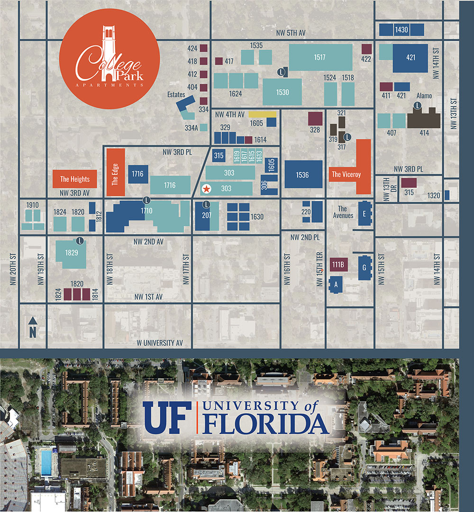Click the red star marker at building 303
pyautogui.click(x=207, y=188)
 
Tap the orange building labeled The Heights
pyautogui.click(x=75, y=179)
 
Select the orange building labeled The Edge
pyautogui.click(x=116, y=173)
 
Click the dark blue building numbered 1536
pyautogui.click(x=303, y=174)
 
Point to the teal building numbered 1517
pyautogui.click(x=320, y=57)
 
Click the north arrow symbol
pyautogui.click(x=33, y=328)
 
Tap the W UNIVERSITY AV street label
pyautogui.click(x=160, y=343)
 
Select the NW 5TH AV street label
pyautogui.click(x=291, y=33)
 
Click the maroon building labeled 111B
pyautogui.click(x=338, y=265)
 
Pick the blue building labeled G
pyautogui.click(x=365, y=268)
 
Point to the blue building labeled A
pyautogui.click(x=336, y=285)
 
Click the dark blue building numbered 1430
pyautogui.click(x=401, y=30)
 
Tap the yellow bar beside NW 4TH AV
pyautogui.click(x=263, y=114)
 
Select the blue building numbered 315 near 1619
pyautogui.click(x=219, y=155)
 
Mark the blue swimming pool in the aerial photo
pyautogui.click(x=46, y=463)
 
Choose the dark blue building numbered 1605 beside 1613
pyautogui.click(x=271, y=165)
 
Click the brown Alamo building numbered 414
pyautogui.click(x=424, y=118)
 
